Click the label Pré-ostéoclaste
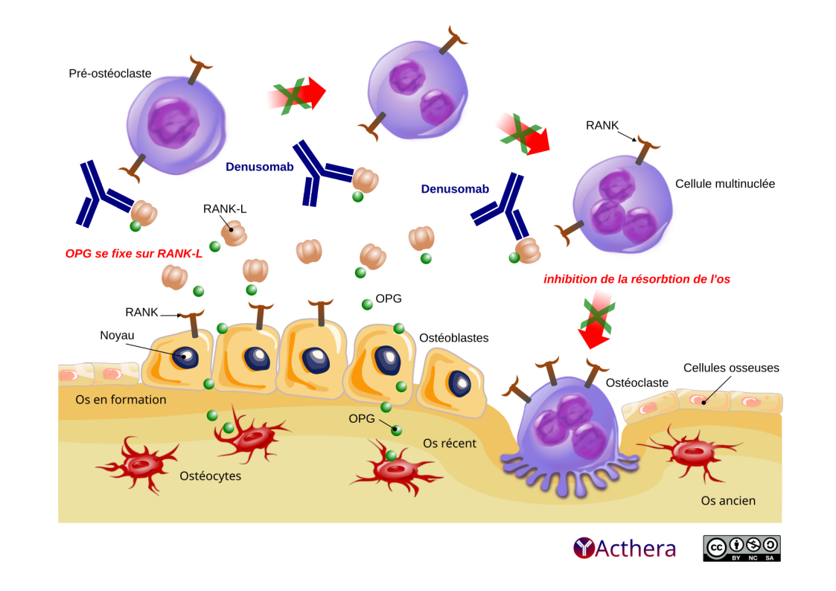(109, 74)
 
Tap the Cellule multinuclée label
(724, 183)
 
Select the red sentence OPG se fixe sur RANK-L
(134, 254)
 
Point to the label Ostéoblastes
(454, 338)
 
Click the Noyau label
(117, 335)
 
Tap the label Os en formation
(121, 400)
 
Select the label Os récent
(450, 443)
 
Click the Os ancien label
(728, 500)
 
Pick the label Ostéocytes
(211, 476)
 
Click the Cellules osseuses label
(731, 368)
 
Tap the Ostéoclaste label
(637, 383)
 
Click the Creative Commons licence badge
(741, 548)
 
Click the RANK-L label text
(224, 208)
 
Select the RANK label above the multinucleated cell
(602, 125)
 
